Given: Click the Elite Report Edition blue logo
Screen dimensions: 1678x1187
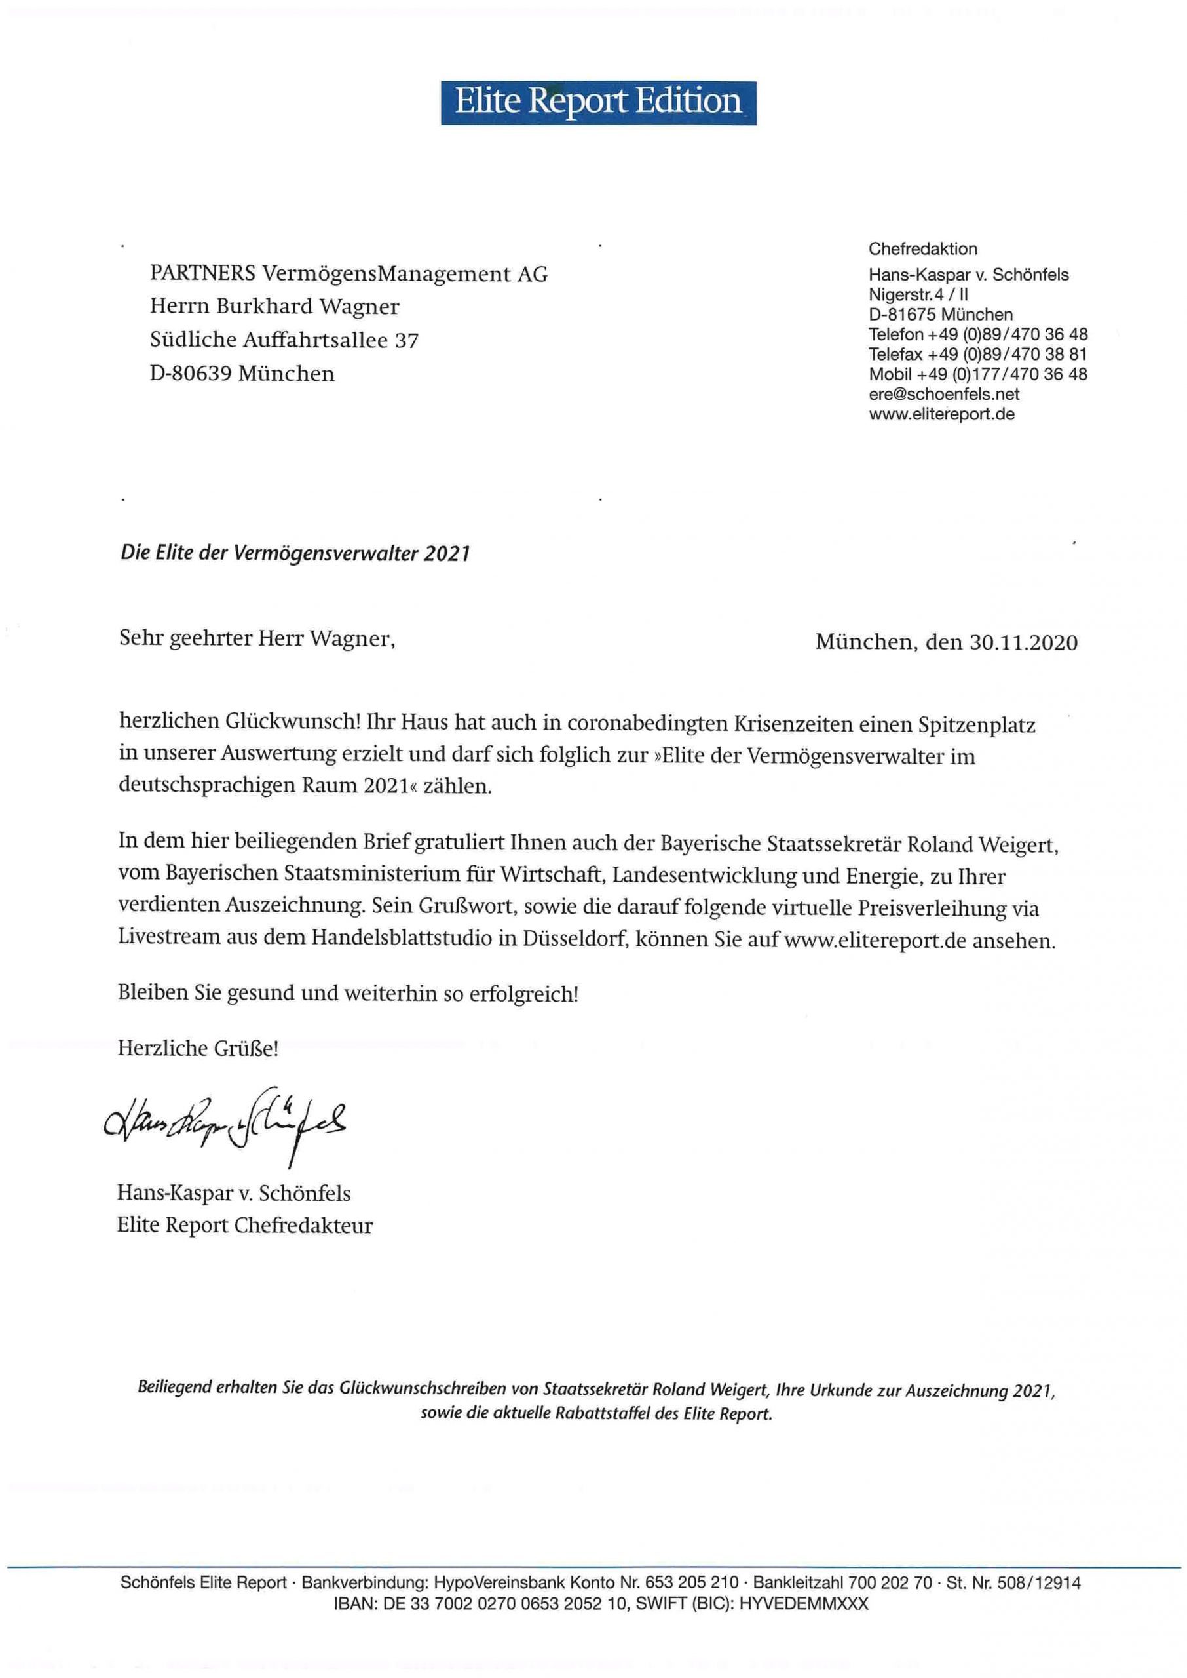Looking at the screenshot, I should point(598,102).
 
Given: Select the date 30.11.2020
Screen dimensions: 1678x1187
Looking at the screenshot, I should point(1023,642).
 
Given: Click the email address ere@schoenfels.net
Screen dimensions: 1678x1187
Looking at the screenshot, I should point(943,395).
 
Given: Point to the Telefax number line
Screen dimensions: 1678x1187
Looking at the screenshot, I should point(977,355).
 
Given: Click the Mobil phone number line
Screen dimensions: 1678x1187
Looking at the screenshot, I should point(977,374).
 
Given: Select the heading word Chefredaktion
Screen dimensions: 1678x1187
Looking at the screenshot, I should point(922,249).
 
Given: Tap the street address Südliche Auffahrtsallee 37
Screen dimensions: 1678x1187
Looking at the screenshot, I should point(284,340).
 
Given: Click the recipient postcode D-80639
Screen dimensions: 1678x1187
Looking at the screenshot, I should point(191,374).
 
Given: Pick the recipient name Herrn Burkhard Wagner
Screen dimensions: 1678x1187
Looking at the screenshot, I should point(275,306).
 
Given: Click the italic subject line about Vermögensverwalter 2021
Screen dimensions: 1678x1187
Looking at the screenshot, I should point(295,553).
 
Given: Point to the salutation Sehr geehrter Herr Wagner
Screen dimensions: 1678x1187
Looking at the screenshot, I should point(257,639).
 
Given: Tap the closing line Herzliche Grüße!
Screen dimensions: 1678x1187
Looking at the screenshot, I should point(198,1049).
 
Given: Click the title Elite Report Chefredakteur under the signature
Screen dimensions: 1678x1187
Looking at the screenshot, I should point(245,1226).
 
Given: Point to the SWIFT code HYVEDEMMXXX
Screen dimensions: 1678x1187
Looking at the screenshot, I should point(803,1604).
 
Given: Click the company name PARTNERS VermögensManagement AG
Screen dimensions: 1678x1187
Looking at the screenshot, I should point(349,274).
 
